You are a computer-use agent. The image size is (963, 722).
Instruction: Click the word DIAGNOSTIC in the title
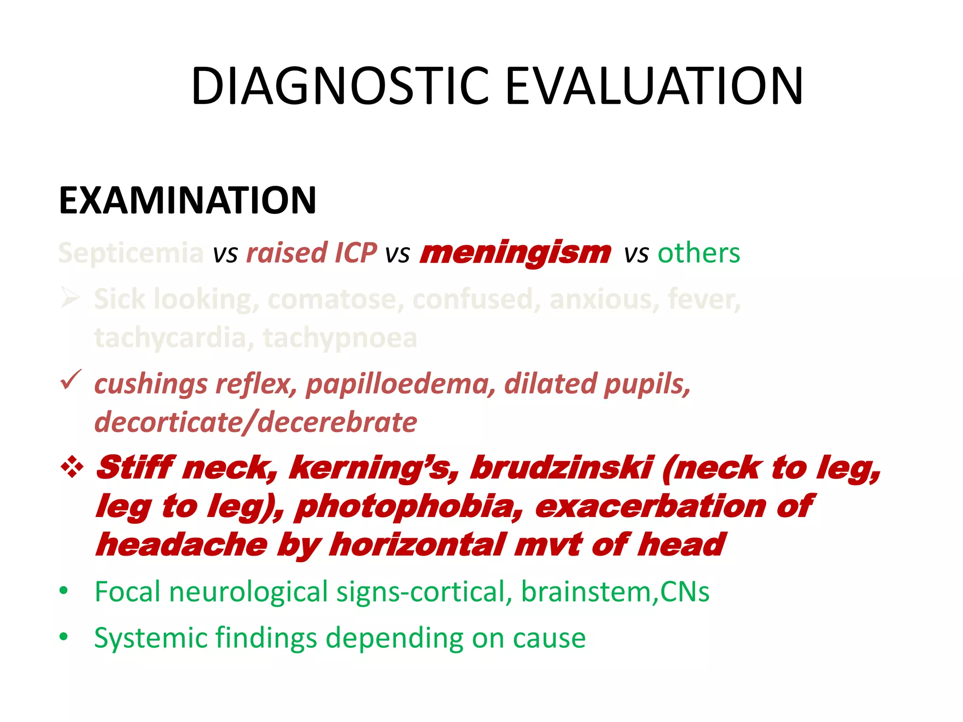[x=340, y=86]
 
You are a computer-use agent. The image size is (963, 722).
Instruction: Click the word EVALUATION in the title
[x=654, y=86]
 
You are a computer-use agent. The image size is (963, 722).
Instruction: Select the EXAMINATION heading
[x=187, y=201]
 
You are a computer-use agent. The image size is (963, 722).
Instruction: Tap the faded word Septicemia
[x=131, y=253]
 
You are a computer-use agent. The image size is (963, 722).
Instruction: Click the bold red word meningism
[x=515, y=253]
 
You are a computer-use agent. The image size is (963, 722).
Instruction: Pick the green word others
[x=698, y=253]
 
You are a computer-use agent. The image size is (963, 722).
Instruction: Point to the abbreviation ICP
[x=355, y=253]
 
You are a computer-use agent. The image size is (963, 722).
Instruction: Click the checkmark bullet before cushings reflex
[x=71, y=380]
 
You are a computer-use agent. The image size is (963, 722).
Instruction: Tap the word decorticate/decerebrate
[x=255, y=422]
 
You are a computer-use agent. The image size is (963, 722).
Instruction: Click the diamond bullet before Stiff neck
[x=72, y=468]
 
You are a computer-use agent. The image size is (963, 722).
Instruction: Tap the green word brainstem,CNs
[x=615, y=591]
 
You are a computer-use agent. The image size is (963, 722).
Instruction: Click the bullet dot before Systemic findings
[x=64, y=637]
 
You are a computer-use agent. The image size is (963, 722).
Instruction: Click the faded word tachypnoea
[x=339, y=338]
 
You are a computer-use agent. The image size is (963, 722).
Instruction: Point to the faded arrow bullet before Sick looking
[x=71, y=298]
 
